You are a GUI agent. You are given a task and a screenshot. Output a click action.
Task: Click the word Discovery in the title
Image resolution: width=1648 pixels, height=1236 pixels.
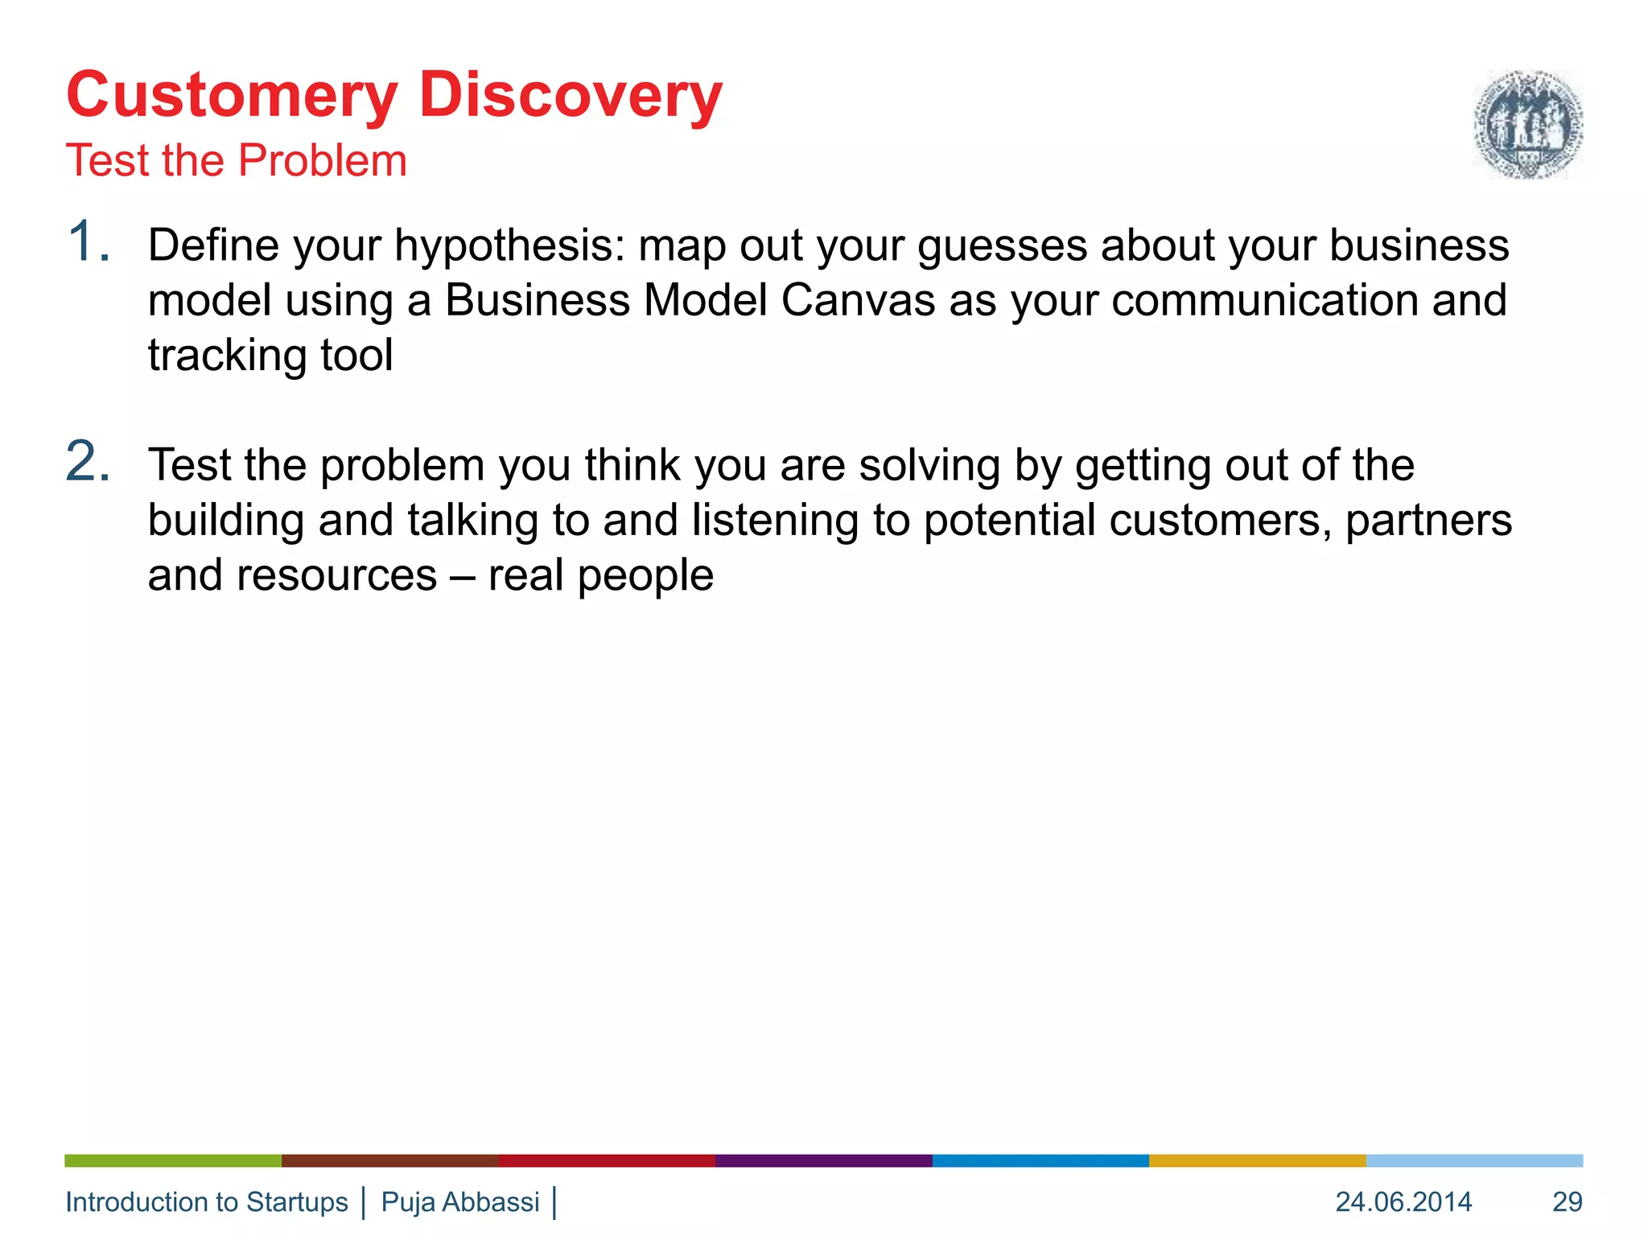(x=570, y=95)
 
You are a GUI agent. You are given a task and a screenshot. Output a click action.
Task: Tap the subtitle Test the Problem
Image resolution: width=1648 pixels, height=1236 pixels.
(x=237, y=160)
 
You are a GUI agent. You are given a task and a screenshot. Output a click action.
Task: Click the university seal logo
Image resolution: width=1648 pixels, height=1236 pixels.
(x=1527, y=124)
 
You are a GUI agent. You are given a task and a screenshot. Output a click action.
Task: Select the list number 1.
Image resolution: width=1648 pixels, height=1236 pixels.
(x=87, y=241)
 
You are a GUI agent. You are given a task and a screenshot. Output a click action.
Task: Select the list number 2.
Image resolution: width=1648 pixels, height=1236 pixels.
(x=87, y=462)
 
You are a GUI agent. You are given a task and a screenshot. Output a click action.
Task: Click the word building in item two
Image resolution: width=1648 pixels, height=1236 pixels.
(x=225, y=521)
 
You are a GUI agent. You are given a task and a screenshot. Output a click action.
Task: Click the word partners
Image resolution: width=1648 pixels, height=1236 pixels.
(x=1428, y=521)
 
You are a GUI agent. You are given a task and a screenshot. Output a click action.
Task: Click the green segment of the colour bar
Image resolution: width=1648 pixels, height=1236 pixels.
(x=173, y=1160)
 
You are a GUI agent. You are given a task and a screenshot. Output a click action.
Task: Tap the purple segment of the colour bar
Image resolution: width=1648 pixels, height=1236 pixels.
(x=823, y=1160)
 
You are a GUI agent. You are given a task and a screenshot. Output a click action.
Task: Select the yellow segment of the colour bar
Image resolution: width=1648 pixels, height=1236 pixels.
(x=1257, y=1160)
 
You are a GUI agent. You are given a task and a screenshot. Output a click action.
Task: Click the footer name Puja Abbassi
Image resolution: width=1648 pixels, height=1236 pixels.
(x=459, y=1201)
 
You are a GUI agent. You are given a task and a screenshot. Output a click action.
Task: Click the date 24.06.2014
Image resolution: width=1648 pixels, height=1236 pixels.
(x=1403, y=1201)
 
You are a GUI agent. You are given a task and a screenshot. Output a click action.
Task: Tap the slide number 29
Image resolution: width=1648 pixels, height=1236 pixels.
(x=1567, y=1201)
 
